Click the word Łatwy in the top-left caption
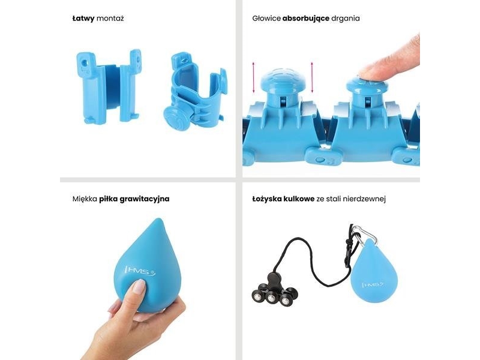tap(83, 19)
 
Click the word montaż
tap(110, 19)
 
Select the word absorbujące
tap(306, 19)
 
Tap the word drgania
tap(346, 19)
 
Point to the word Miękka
tap(85, 199)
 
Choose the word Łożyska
tap(267, 199)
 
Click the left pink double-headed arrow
tap(253, 77)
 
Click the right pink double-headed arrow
tap(312, 77)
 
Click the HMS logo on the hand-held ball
tap(140, 271)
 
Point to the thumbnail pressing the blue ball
tap(139, 287)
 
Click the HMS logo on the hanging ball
tap(373, 284)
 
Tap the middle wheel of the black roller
tap(271, 297)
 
